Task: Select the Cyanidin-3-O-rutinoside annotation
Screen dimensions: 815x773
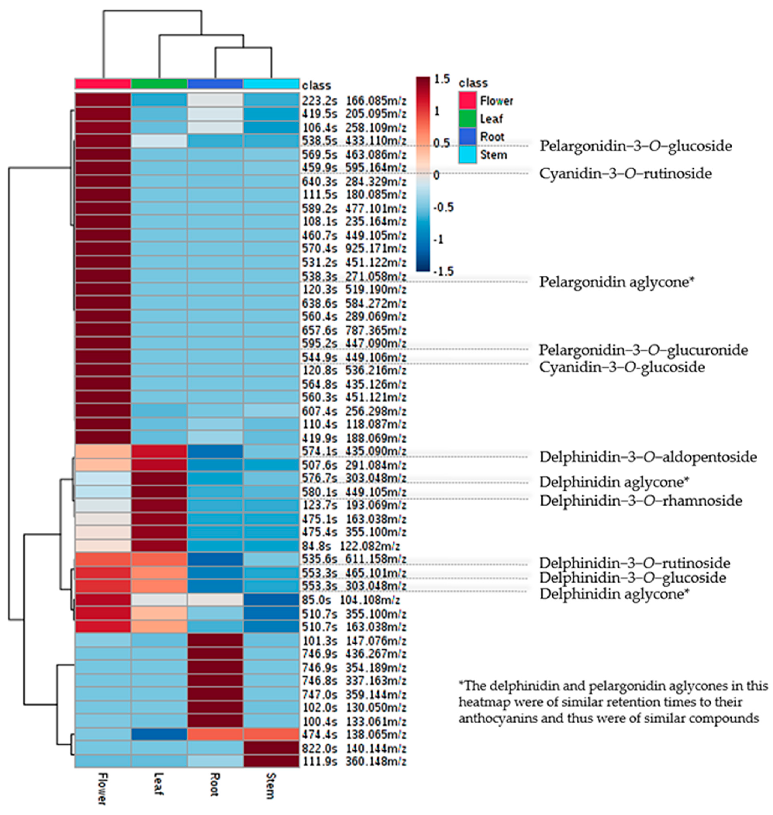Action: click(625, 174)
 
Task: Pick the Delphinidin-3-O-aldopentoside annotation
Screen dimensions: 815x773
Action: click(648, 457)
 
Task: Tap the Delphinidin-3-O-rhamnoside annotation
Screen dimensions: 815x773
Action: click(641, 501)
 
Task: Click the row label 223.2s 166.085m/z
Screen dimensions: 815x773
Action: click(354, 100)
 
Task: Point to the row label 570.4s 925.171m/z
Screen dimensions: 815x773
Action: click(354, 248)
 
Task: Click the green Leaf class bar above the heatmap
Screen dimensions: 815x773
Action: click(159, 84)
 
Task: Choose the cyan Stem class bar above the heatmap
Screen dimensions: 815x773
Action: click(271, 84)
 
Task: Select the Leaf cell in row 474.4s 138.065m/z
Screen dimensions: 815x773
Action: click(159, 734)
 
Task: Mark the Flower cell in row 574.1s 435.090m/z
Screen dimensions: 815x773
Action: click(103, 451)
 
